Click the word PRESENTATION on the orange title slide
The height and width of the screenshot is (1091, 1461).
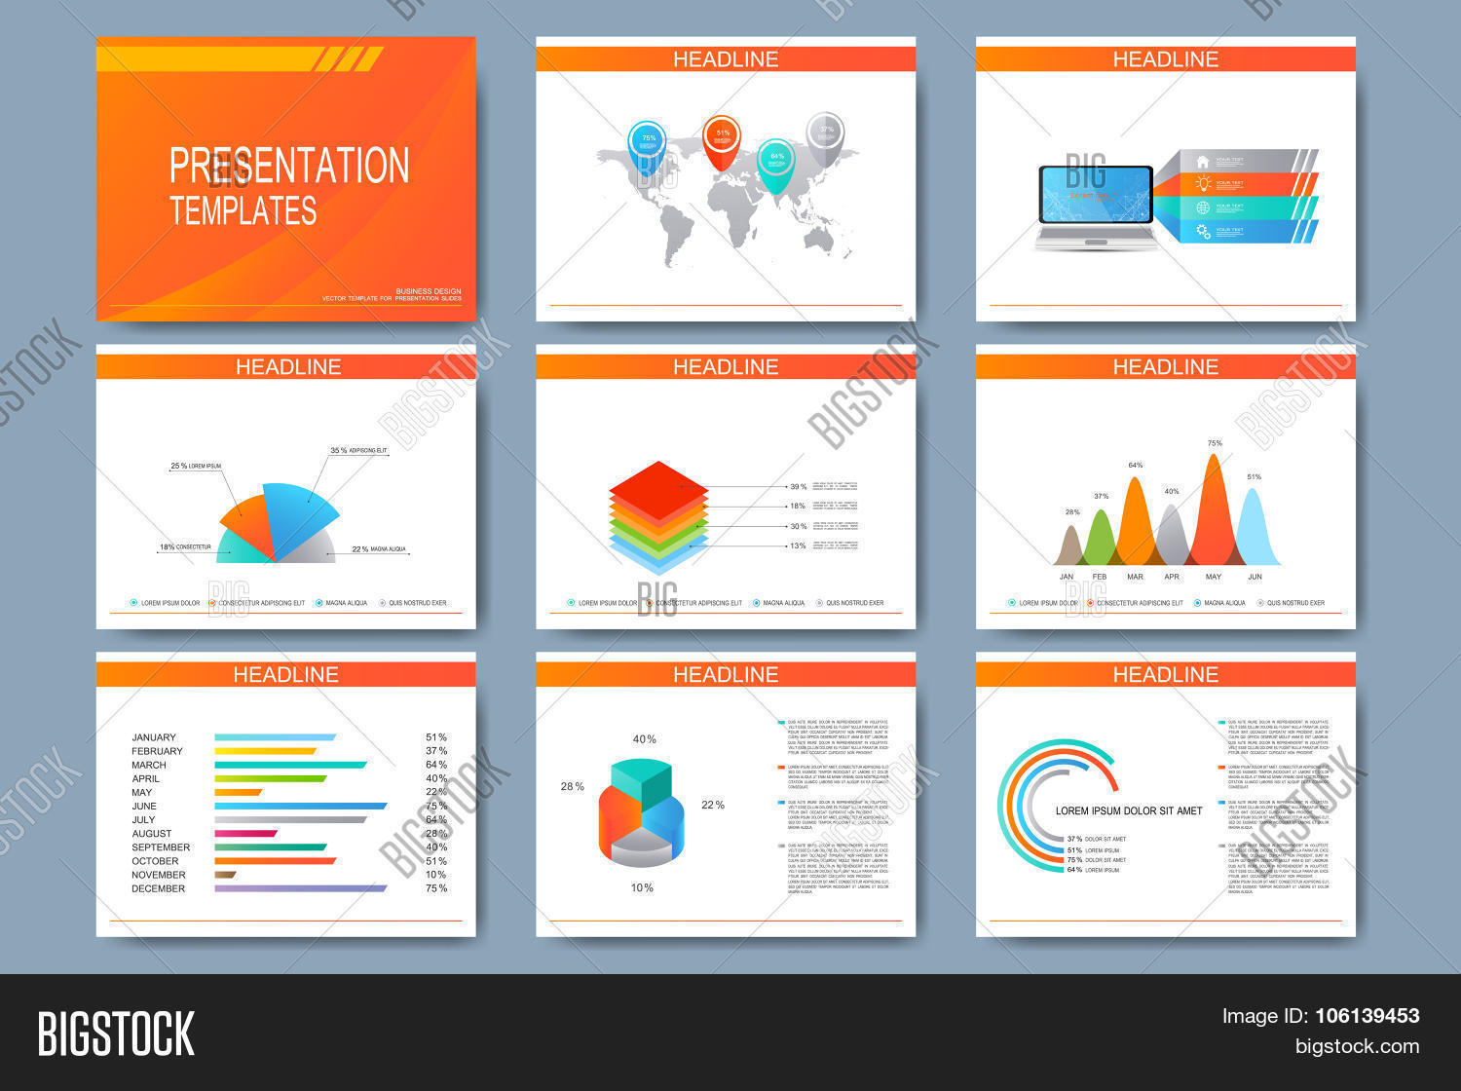point(289,166)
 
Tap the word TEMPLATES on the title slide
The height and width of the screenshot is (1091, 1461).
point(243,210)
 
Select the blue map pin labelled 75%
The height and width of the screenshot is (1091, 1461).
point(648,142)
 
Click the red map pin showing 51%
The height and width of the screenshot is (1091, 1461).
point(722,135)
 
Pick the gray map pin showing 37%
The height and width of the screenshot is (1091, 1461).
point(826,132)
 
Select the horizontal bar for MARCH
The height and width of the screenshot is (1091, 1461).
point(290,765)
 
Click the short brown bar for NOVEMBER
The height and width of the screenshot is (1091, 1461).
point(225,875)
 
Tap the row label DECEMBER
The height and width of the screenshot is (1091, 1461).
point(158,888)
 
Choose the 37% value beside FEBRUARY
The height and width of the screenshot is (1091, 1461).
point(436,751)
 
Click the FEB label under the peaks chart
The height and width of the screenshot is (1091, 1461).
point(1100,577)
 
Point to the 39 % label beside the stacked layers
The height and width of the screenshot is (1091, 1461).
point(798,486)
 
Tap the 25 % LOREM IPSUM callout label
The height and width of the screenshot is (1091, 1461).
point(196,467)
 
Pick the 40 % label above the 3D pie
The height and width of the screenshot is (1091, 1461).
point(645,739)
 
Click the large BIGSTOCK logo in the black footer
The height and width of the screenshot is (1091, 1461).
point(116,1034)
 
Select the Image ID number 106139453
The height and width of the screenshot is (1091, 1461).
point(1367,1016)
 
